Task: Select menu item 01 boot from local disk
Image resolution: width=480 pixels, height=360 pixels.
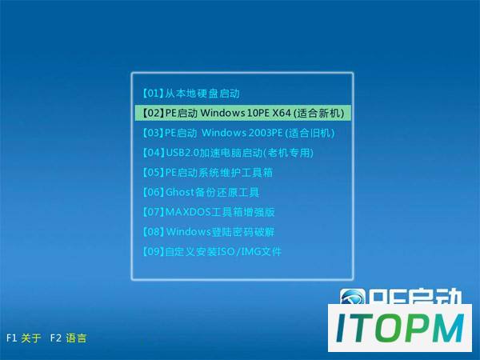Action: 191,94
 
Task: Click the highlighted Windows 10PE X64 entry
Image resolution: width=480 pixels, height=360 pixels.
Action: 242,113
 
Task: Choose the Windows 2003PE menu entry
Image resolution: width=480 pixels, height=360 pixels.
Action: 238,133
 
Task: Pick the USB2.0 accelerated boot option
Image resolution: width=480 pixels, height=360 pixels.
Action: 228,153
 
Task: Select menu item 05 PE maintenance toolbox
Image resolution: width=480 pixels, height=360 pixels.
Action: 207,172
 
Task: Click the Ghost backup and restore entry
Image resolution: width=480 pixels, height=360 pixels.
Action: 201,192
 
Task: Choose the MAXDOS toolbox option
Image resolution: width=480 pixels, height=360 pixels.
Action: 209,212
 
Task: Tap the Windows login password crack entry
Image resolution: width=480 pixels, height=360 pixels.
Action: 209,232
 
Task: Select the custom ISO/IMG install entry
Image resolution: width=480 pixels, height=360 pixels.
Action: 212,252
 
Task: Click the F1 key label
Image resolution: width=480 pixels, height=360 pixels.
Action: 11,338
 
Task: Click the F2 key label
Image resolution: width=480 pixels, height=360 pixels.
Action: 56,338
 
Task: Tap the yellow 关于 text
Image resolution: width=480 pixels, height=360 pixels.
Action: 31,338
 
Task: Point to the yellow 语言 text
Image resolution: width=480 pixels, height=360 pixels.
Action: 76,338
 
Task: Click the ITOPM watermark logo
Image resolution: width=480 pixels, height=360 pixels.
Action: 400,328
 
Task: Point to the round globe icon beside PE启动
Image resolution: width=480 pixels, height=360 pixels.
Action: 352,297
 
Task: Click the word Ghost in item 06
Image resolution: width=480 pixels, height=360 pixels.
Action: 180,192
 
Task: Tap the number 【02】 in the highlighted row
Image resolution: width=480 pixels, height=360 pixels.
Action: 153,113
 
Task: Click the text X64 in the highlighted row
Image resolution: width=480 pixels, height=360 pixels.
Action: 282,113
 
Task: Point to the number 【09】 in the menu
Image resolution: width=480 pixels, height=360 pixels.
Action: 153,252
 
